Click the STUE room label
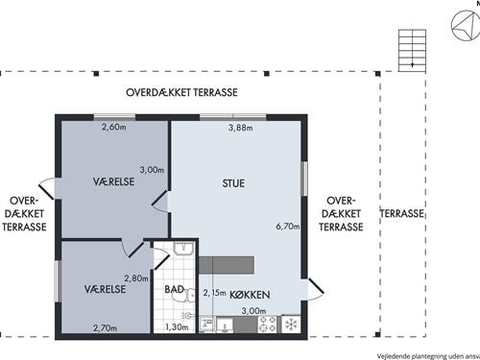coord(233,183)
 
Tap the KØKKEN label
coord(250,295)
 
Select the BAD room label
coord(175,289)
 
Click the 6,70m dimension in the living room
coord(288,227)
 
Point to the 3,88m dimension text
coord(241,128)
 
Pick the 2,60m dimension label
coord(113,127)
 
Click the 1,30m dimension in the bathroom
coord(177,327)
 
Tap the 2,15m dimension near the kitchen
coord(214,293)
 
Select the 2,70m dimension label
coord(105,328)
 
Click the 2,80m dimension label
coord(136,278)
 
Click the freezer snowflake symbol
coord(291,324)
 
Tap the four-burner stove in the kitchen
coord(267,324)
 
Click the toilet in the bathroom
coord(184,296)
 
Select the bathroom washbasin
coord(183,249)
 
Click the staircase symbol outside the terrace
coord(412,51)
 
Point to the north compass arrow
coord(464,26)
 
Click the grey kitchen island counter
coord(227,265)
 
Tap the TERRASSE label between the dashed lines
coord(402,213)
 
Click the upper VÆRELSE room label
coord(113,181)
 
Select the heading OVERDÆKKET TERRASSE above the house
coord(181,92)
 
